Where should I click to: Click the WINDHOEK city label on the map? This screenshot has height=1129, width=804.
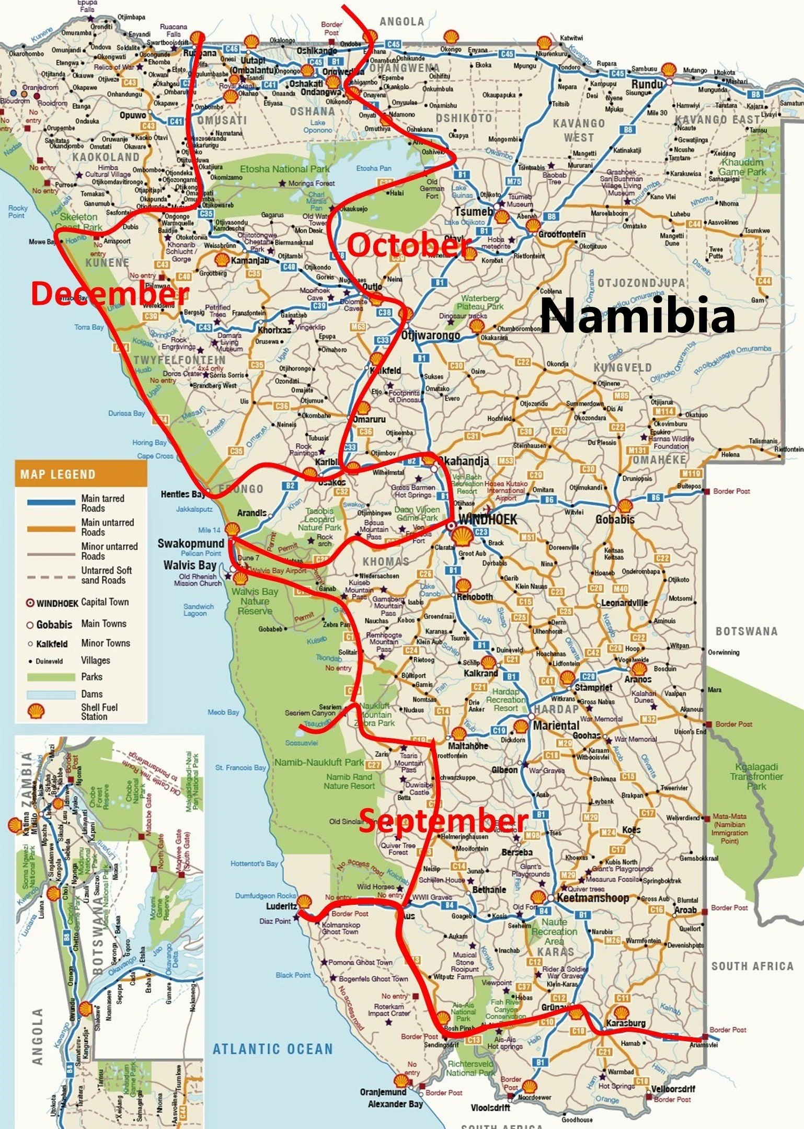click(487, 520)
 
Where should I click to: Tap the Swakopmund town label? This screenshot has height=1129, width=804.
click(191, 544)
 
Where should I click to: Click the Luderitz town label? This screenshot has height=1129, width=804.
click(281, 906)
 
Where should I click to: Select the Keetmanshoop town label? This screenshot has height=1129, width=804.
click(592, 898)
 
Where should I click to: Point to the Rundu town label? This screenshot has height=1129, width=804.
click(647, 84)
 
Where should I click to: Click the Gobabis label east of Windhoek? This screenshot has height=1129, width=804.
click(615, 520)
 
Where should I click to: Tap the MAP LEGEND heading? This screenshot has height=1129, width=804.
click(58, 475)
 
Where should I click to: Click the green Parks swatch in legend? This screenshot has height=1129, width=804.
click(51, 677)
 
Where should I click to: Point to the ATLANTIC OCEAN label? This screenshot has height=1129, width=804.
click(272, 1049)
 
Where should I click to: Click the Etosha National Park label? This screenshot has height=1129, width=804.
click(284, 169)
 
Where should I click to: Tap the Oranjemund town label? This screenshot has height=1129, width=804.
click(383, 1092)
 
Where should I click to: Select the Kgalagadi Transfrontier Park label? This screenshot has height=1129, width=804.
click(756, 776)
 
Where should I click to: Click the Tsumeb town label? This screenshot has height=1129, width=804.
click(474, 212)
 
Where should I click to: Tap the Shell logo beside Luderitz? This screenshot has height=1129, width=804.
click(304, 901)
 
